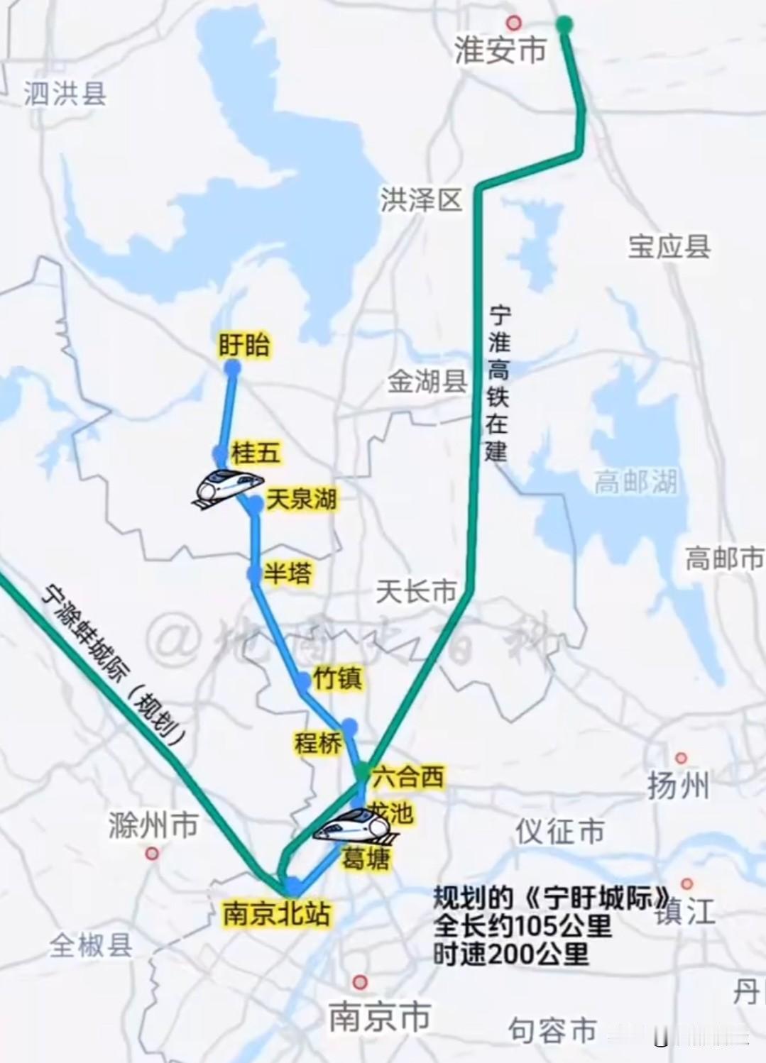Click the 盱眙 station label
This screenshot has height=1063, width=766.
pyautogui.click(x=244, y=346)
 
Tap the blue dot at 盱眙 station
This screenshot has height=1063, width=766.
pyautogui.click(x=232, y=368)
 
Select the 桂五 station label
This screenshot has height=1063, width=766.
pyautogui.click(x=256, y=452)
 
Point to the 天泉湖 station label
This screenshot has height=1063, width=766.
pyautogui.click(x=301, y=499)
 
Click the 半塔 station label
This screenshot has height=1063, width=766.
pyautogui.click(x=288, y=573)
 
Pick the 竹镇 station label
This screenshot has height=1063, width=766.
pyautogui.click(x=337, y=678)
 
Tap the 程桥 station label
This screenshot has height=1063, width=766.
pyautogui.click(x=318, y=743)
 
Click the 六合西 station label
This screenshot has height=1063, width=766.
pyautogui.click(x=408, y=776)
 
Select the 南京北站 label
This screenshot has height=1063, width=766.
pyautogui.click(x=277, y=913)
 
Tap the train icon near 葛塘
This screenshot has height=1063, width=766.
pyautogui.click(x=354, y=827)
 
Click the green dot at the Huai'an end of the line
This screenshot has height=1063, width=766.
pyautogui.click(x=564, y=25)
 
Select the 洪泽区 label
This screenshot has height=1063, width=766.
pyautogui.click(x=421, y=200)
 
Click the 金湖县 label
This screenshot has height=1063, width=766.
pyautogui.click(x=427, y=382)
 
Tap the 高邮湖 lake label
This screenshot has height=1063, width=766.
pyautogui.click(x=636, y=483)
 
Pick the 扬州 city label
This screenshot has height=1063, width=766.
pyautogui.click(x=677, y=786)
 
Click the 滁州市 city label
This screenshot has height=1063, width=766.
pyautogui.click(x=153, y=825)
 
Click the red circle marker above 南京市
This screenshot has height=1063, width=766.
pyautogui.click(x=360, y=982)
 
